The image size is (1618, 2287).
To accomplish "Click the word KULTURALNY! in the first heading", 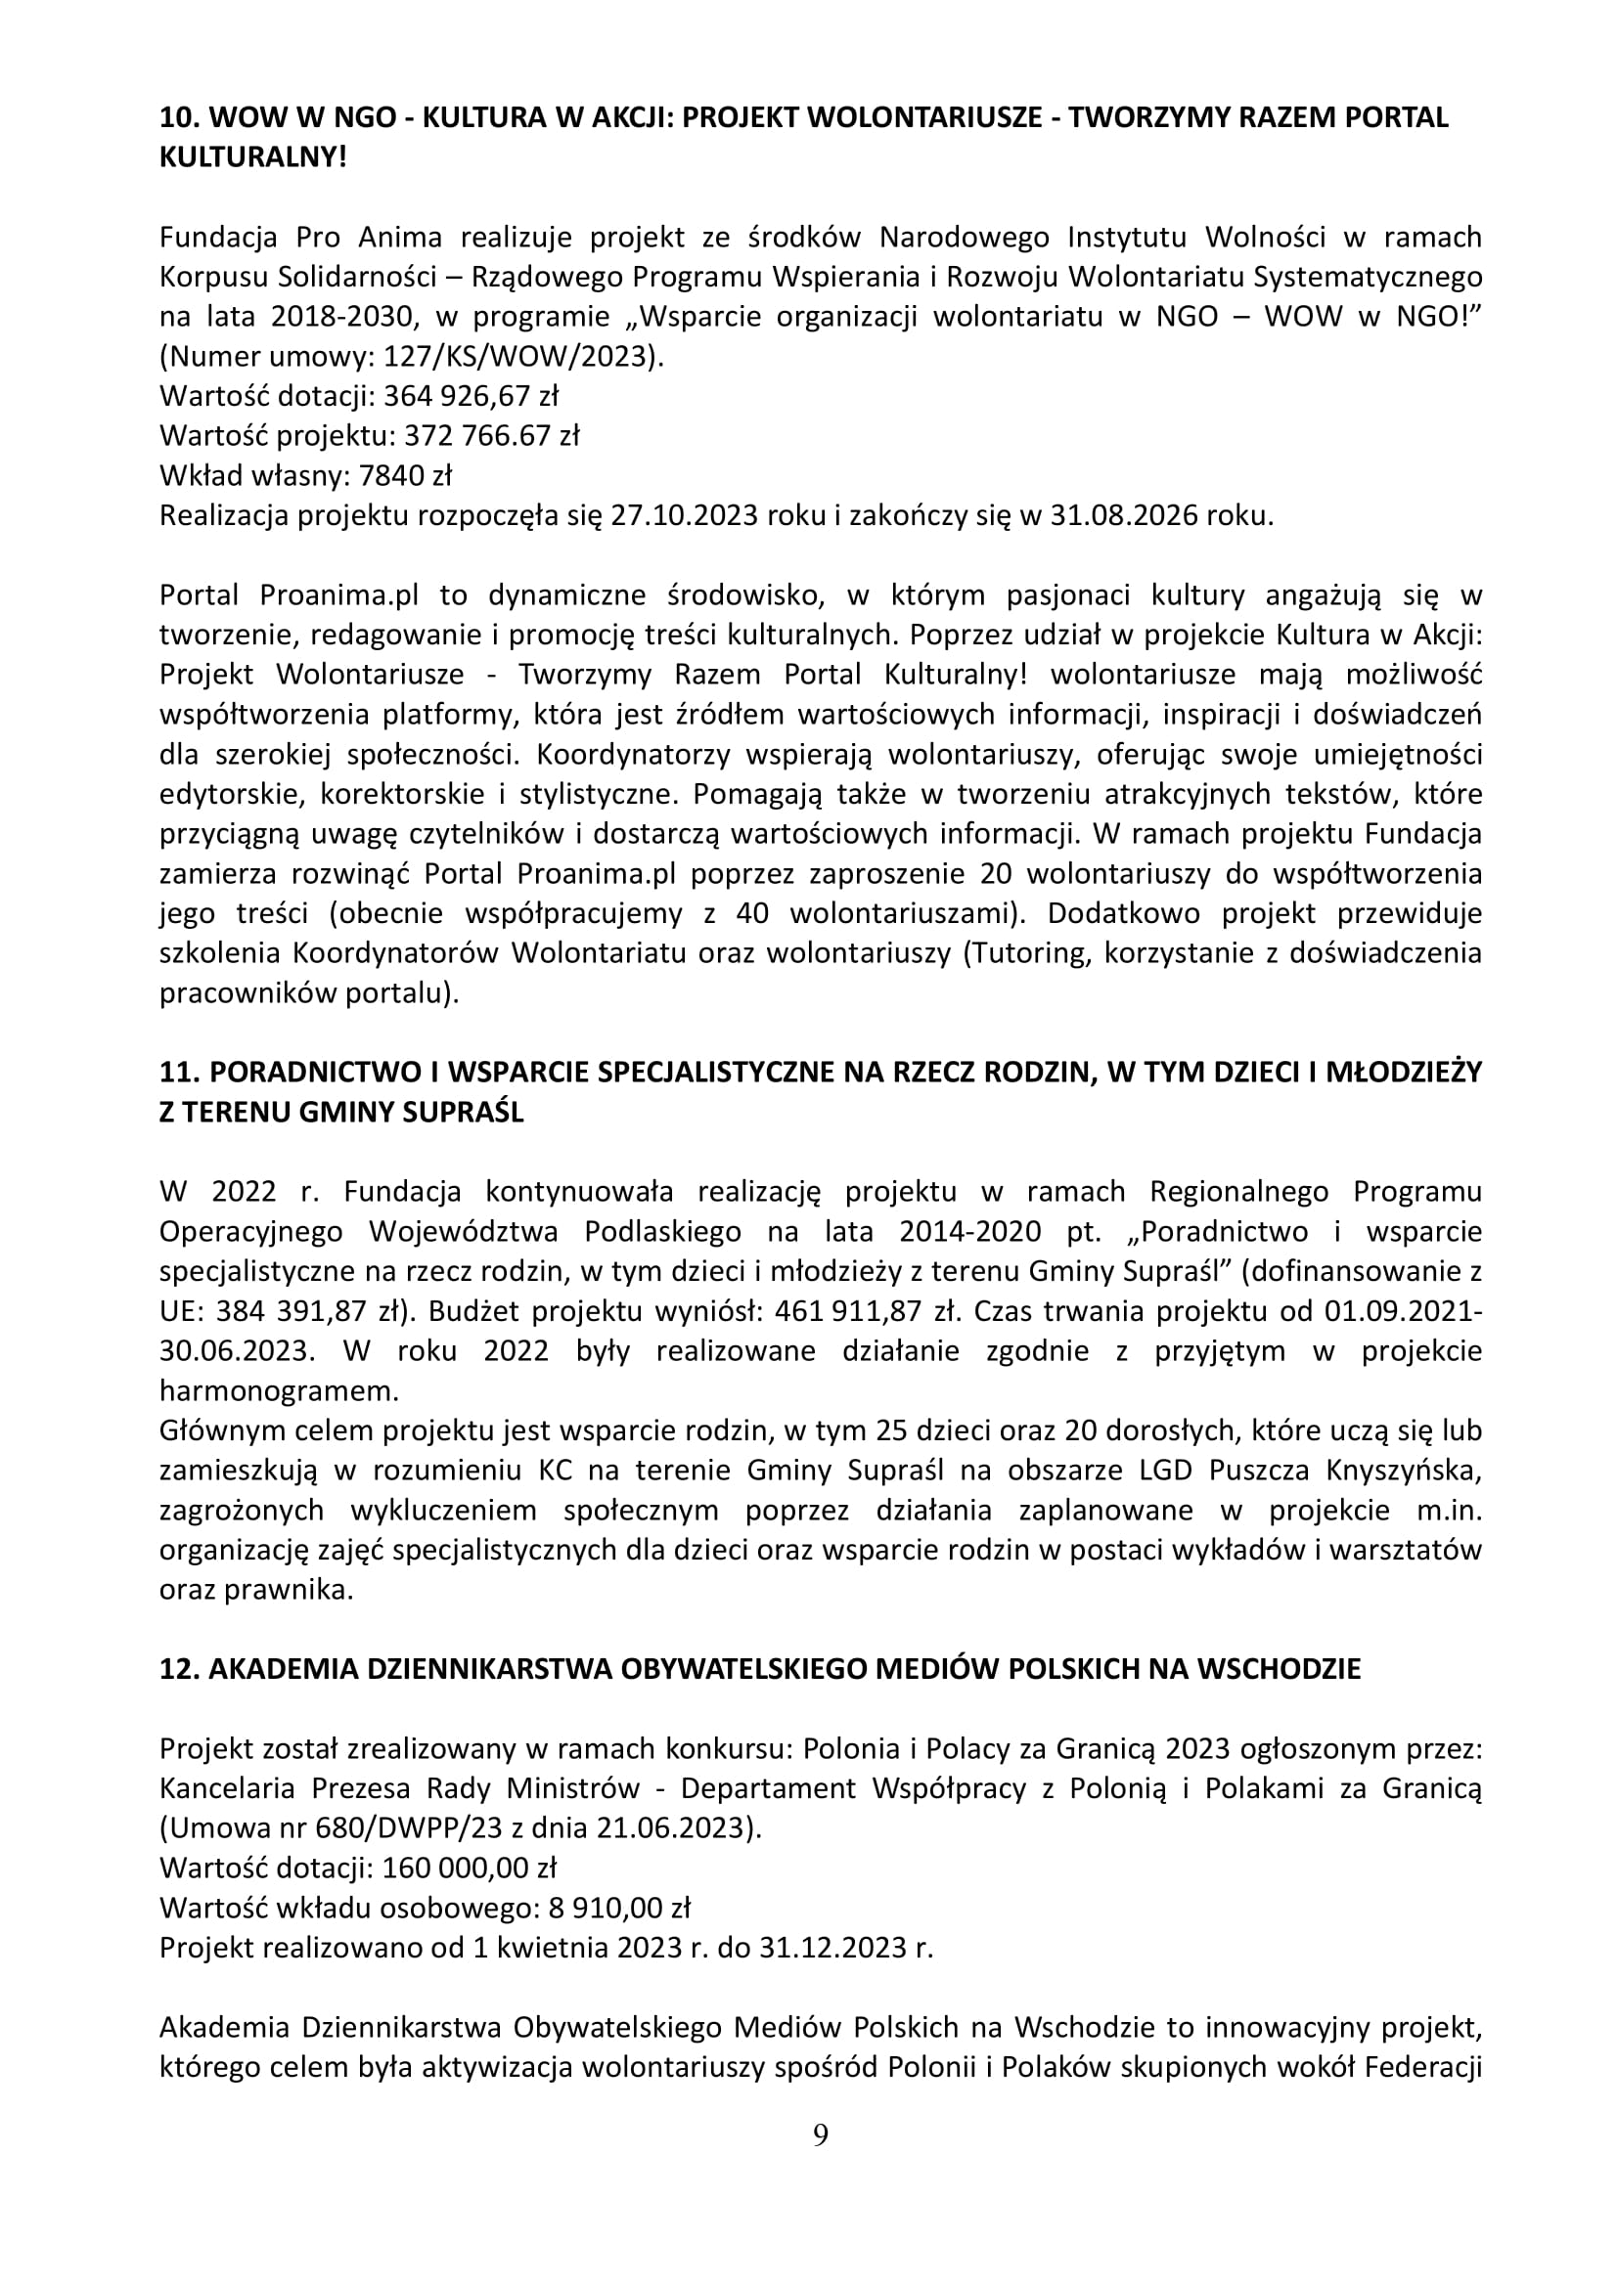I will pos(253,157).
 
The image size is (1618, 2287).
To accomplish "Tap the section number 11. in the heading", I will pos(180,1072).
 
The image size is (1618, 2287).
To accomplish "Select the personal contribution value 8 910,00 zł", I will pos(618,1908).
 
